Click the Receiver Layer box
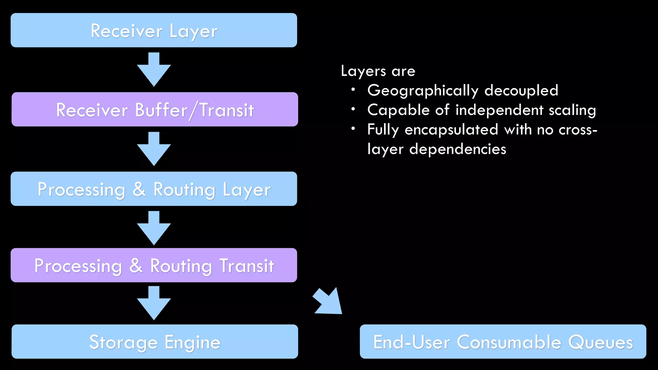(x=154, y=31)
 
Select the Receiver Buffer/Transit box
(x=155, y=110)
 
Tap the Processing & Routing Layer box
(x=154, y=189)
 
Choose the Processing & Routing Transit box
(x=154, y=265)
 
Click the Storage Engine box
(x=155, y=342)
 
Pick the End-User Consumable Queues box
(x=503, y=342)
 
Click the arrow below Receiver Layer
(x=154, y=70)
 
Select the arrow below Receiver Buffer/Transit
(x=154, y=149)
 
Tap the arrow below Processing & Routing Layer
(x=154, y=229)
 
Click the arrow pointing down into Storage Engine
(x=154, y=304)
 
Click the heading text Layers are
(x=378, y=71)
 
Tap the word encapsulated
(x=451, y=130)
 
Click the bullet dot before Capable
(x=353, y=110)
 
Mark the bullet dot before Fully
(x=353, y=129)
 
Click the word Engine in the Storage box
(x=192, y=343)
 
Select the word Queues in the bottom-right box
(x=600, y=342)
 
